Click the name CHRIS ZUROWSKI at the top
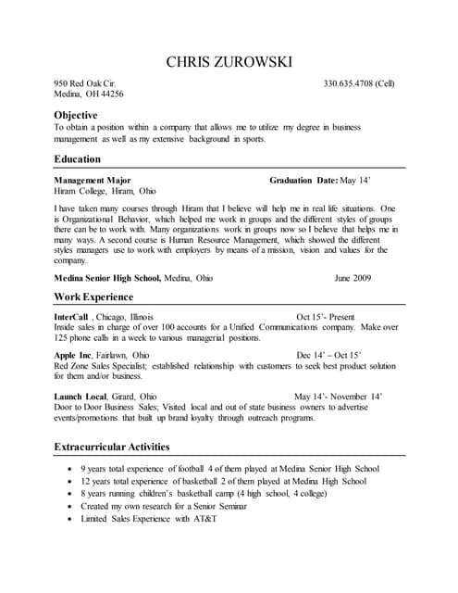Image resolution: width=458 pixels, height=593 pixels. [x=229, y=62]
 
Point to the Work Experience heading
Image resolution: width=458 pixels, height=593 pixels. [x=93, y=296]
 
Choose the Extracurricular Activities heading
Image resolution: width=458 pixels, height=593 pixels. [x=112, y=447]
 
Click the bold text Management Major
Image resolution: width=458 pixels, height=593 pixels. [x=93, y=180]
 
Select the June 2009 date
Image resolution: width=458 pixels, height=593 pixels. [x=353, y=277]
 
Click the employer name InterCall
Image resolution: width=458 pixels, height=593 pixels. [x=71, y=317]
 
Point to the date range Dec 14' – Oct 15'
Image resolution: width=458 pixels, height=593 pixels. [x=328, y=355]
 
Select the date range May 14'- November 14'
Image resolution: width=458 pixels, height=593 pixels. [x=338, y=396]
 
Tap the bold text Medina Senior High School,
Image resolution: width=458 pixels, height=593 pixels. [x=107, y=277]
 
